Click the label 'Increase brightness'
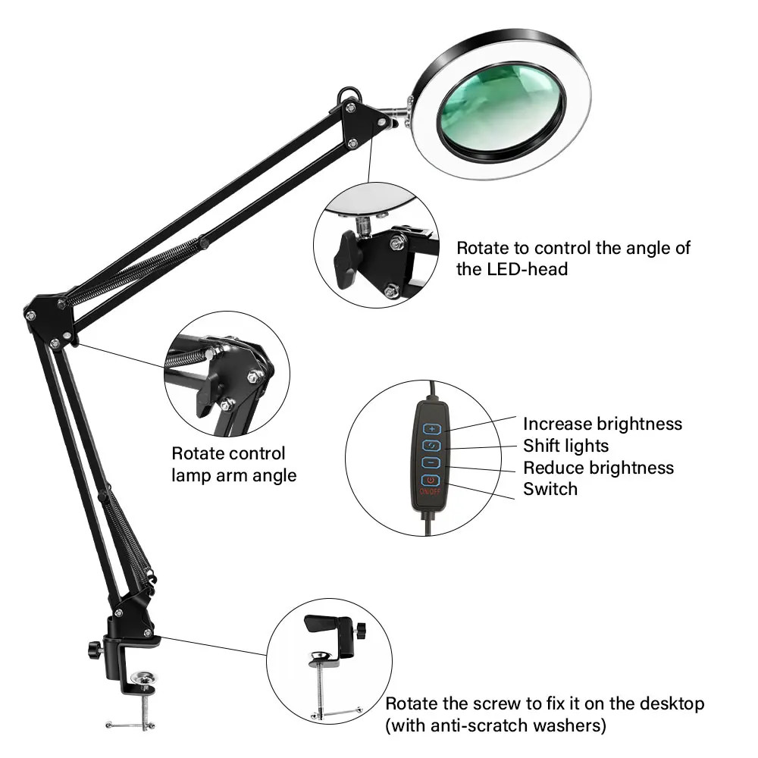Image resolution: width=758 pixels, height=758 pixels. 602,424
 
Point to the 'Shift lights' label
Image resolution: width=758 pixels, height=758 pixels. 565,446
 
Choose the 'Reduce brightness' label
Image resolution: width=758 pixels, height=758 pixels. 598,468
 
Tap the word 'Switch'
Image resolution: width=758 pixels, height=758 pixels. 550,489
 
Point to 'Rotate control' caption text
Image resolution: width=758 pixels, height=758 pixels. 228,454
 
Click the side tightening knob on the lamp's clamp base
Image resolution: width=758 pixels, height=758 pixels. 94,649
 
